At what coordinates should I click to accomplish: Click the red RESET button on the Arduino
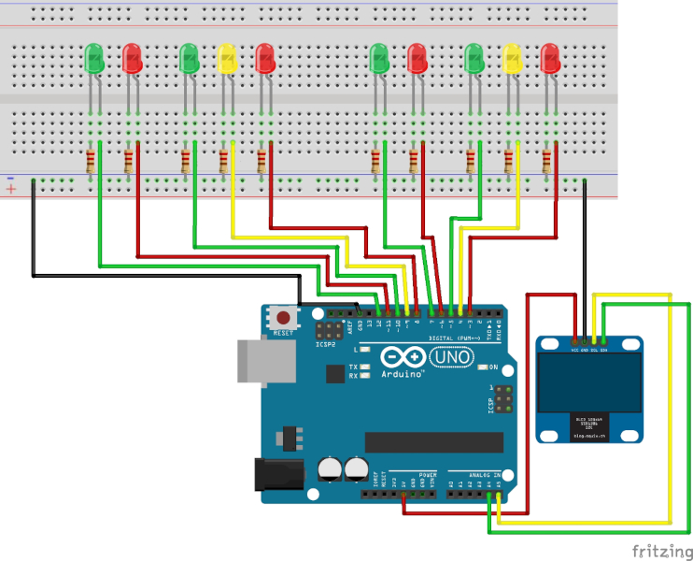pos(283,318)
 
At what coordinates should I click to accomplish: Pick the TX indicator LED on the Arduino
pos(365,367)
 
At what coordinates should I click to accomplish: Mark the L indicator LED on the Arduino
pos(365,349)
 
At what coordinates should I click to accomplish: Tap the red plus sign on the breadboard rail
pos(10,189)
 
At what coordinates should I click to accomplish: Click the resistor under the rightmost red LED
pos(547,163)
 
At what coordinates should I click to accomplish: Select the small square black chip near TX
pos(334,373)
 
